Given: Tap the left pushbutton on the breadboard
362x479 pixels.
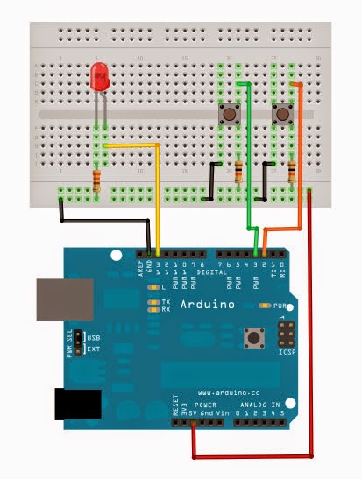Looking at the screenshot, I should tap(230, 115).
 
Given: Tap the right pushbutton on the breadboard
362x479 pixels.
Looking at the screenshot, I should tap(284, 115).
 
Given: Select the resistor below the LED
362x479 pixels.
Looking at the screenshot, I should tap(95, 182).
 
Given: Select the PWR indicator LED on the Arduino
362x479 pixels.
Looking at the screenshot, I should tap(265, 306).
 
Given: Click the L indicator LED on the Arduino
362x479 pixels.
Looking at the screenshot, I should tap(153, 287).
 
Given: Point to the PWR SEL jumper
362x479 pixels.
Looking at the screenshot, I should tap(77, 342).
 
